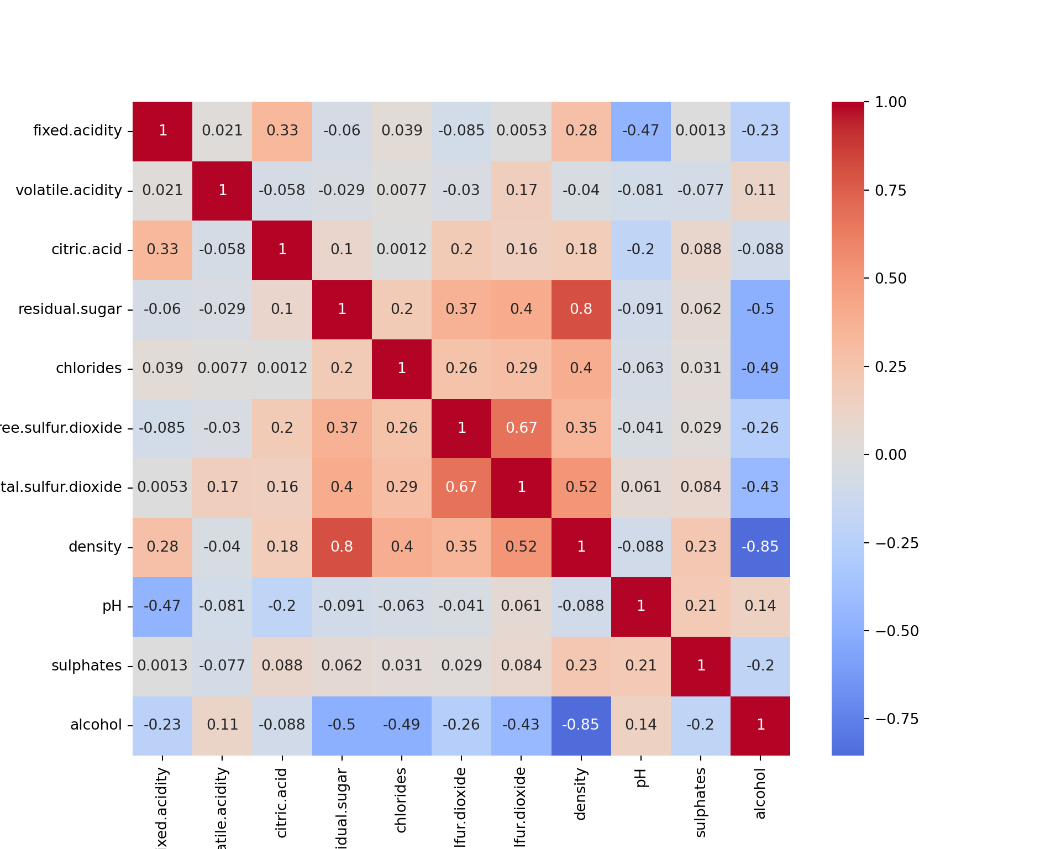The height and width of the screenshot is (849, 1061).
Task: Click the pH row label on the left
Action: click(x=112, y=606)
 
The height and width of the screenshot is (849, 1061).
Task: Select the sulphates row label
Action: click(x=86, y=665)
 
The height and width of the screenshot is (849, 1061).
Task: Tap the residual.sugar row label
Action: click(x=70, y=309)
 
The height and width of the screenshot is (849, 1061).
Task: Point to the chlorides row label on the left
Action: click(x=88, y=368)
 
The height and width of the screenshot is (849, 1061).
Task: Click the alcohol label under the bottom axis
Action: click(x=760, y=794)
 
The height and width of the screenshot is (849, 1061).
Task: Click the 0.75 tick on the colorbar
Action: click(x=890, y=191)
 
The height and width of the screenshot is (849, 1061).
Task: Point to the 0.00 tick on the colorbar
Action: click(x=890, y=455)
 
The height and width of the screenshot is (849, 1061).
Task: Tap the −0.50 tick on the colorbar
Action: click(x=896, y=631)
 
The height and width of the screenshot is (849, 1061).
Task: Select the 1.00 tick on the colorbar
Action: click(x=890, y=102)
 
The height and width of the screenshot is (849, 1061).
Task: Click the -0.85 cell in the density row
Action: click(x=760, y=547)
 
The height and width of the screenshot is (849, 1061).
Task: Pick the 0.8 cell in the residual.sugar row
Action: click(x=581, y=310)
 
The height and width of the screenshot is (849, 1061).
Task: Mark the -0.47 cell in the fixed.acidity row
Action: click(x=641, y=131)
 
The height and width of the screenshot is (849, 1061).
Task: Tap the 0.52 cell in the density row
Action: click(x=521, y=547)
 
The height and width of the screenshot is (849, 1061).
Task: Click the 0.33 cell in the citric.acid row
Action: click(x=162, y=250)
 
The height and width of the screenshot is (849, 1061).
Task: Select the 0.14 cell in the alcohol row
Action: click(x=641, y=725)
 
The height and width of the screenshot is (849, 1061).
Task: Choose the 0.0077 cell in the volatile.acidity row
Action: click(x=402, y=191)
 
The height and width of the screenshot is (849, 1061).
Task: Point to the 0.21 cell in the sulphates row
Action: click(x=641, y=666)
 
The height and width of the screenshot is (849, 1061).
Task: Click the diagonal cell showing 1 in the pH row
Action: click(x=641, y=606)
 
